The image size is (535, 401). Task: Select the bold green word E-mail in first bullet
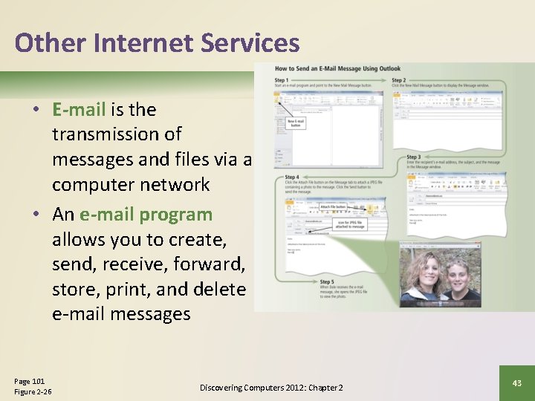(x=79, y=110)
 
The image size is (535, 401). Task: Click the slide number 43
(x=517, y=382)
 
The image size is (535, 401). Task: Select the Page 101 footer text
(x=30, y=381)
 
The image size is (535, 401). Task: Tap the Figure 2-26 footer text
(x=33, y=392)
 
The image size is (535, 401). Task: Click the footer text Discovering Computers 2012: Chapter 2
(x=271, y=388)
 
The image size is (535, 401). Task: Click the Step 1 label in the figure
(x=282, y=80)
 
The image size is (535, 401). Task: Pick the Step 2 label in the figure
(x=399, y=80)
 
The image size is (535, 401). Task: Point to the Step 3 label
(x=415, y=157)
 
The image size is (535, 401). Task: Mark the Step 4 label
(x=293, y=177)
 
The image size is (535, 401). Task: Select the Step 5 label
(x=328, y=282)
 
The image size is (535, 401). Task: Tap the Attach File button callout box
(x=334, y=207)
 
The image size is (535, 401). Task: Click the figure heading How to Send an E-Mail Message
(x=337, y=69)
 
